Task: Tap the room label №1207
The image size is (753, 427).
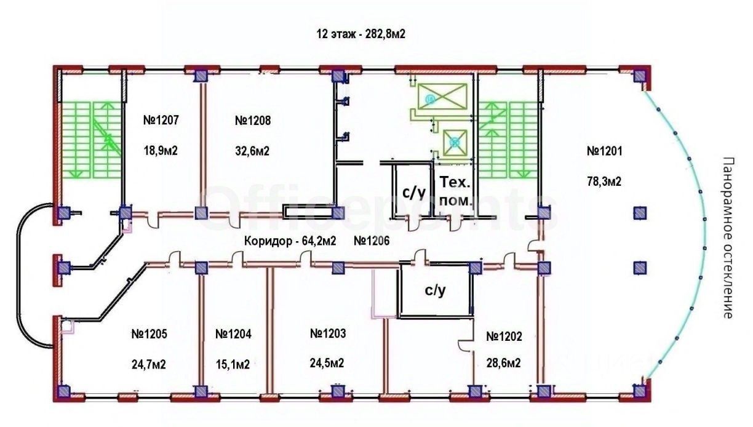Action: pyautogui.click(x=161, y=121)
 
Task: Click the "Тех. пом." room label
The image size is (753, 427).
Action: pyautogui.click(x=456, y=191)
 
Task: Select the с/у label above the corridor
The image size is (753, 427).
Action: pyautogui.click(x=414, y=192)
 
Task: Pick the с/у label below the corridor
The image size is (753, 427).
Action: pyautogui.click(x=435, y=291)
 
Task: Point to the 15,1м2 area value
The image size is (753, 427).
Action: pyautogui.click(x=233, y=364)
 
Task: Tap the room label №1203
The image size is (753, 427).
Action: pyautogui.click(x=329, y=333)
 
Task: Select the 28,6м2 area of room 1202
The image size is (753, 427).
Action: pyautogui.click(x=503, y=363)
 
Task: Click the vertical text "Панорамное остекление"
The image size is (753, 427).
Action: pyautogui.click(x=728, y=237)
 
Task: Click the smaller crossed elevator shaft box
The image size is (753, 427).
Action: pyautogui.click(x=455, y=142)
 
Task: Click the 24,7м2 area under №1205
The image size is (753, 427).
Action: pyautogui.click(x=149, y=364)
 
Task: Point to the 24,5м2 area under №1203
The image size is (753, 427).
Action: pyautogui.click(x=327, y=364)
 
